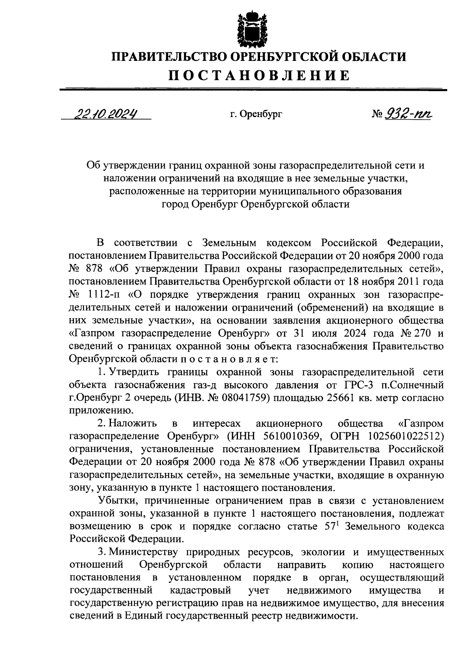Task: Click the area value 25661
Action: coord(340,398)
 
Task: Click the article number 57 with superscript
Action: coord(331,526)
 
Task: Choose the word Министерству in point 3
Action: coord(143,552)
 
